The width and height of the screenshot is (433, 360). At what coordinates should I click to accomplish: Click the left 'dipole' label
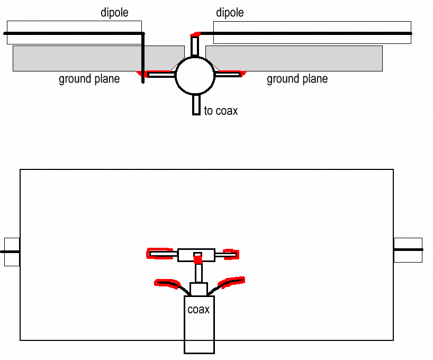pyautogui.click(x=114, y=13)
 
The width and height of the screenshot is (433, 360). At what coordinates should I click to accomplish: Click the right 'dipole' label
pyautogui.click(x=230, y=13)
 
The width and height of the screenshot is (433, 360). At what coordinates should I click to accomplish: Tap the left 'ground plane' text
pyautogui.click(x=89, y=79)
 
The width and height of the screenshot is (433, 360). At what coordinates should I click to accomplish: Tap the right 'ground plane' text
pyautogui.click(x=297, y=79)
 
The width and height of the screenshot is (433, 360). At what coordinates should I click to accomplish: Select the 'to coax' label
pyautogui.click(x=221, y=111)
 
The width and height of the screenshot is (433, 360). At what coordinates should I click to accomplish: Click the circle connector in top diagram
pyautogui.click(x=195, y=75)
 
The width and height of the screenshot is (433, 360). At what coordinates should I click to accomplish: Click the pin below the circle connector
pyautogui.click(x=196, y=104)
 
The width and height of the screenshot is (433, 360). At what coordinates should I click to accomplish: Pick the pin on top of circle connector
pyautogui.click(x=195, y=47)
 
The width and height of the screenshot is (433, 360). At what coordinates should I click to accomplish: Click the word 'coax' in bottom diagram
pyautogui.click(x=199, y=310)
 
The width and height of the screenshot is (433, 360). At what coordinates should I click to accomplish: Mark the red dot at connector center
pyautogui.click(x=198, y=260)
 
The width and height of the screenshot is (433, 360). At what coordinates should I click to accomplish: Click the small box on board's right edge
pyautogui.click(x=408, y=250)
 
